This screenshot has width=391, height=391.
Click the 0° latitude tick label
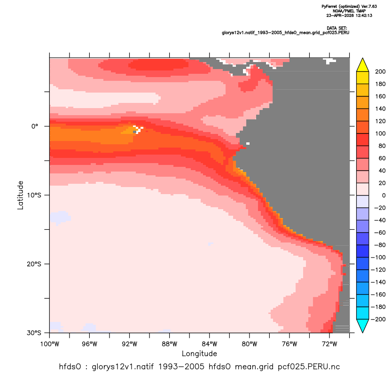[35, 126]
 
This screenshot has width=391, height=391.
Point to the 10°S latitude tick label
[34, 195]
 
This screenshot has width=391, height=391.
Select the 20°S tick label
[34, 264]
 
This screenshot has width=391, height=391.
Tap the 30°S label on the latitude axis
[34, 333]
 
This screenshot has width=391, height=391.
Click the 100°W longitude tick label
[50, 344]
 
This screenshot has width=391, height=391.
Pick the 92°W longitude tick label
[130, 344]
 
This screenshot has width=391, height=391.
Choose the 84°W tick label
[210, 344]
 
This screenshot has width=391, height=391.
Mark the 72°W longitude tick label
[329, 344]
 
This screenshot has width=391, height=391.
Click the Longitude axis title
[199, 354]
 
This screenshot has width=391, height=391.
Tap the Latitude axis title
[20, 195]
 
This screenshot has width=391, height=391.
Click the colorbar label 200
[380, 72]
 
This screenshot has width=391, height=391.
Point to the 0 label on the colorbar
[384, 195]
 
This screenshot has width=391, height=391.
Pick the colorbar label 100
[380, 133]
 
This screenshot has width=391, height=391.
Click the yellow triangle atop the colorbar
[363, 65]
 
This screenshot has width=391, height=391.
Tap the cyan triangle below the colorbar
[363, 326]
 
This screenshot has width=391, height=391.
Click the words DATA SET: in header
[336, 28]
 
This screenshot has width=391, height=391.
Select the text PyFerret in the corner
[329, 7]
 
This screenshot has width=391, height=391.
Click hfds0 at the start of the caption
[70, 367]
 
